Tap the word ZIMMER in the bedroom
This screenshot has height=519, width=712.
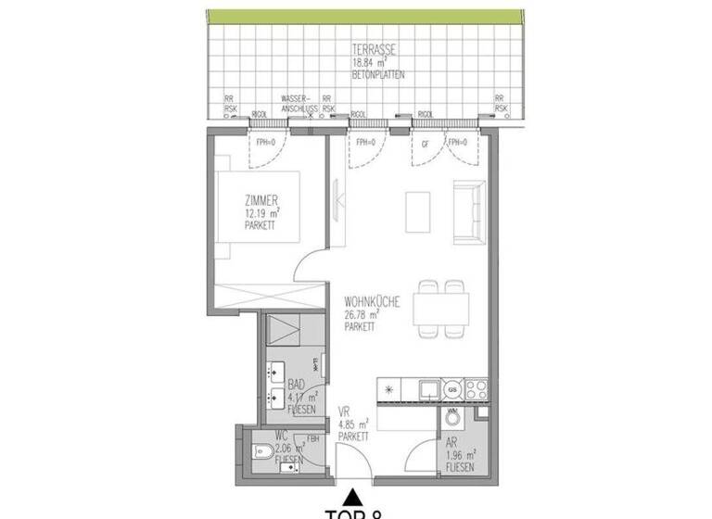click(261, 200)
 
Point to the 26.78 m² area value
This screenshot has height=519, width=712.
click(361, 314)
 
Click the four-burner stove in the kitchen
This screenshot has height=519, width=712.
click(476, 386)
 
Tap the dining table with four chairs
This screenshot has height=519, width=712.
click(441, 306)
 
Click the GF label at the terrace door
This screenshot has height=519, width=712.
click(426, 144)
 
